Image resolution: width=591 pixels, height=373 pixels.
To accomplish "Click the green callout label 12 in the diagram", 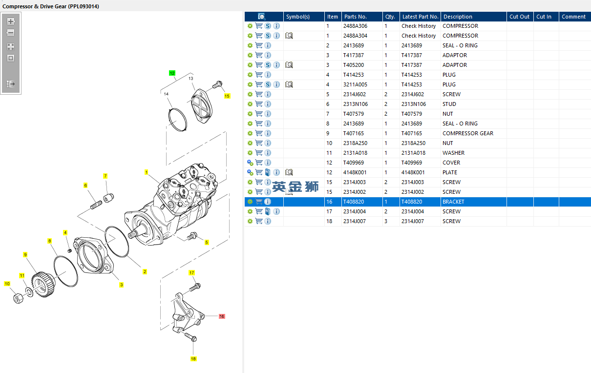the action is click(172, 73).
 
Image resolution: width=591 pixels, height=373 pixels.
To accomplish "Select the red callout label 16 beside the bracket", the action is click(222, 316).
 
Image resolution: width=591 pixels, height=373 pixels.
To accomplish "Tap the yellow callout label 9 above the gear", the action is click(25, 254).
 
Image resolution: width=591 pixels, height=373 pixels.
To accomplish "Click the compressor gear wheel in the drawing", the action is click(43, 284).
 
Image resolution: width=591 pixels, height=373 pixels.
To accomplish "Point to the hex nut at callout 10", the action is click(18, 298).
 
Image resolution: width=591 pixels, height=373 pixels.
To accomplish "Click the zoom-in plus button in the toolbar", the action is click(11, 21).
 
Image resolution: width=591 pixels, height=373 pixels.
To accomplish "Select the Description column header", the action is click(458, 17).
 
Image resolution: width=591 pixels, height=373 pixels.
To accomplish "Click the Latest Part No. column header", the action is click(420, 17).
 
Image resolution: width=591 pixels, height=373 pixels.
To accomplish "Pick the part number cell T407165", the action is click(353, 133).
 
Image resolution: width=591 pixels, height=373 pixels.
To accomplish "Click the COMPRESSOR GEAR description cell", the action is click(468, 133).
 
